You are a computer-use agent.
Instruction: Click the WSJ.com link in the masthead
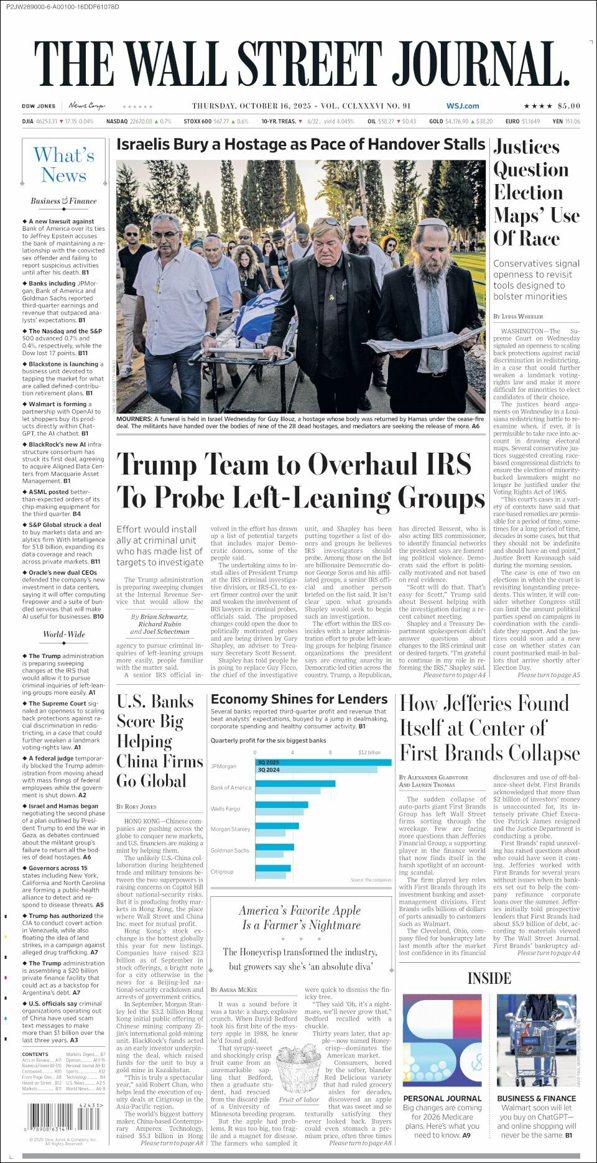[462, 106]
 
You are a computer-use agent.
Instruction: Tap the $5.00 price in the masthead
[568, 106]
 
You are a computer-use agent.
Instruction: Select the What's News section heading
[63, 165]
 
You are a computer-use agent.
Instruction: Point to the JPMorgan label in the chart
[224, 767]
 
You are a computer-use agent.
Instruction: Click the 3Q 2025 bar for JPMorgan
[323, 762]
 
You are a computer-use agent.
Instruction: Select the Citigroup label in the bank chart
[222, 871]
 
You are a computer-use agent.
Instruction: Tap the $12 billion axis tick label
[369, 753]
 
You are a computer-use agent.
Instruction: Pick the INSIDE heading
[489, 978]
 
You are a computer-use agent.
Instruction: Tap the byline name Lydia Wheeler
[522, 317]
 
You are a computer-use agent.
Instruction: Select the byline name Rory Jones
[140, 807]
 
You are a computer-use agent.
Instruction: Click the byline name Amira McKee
[237, 989]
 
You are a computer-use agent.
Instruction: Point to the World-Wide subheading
[63, 634]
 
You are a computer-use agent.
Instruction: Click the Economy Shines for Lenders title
[299, 699]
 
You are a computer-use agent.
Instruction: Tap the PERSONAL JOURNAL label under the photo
[442, 1098]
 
